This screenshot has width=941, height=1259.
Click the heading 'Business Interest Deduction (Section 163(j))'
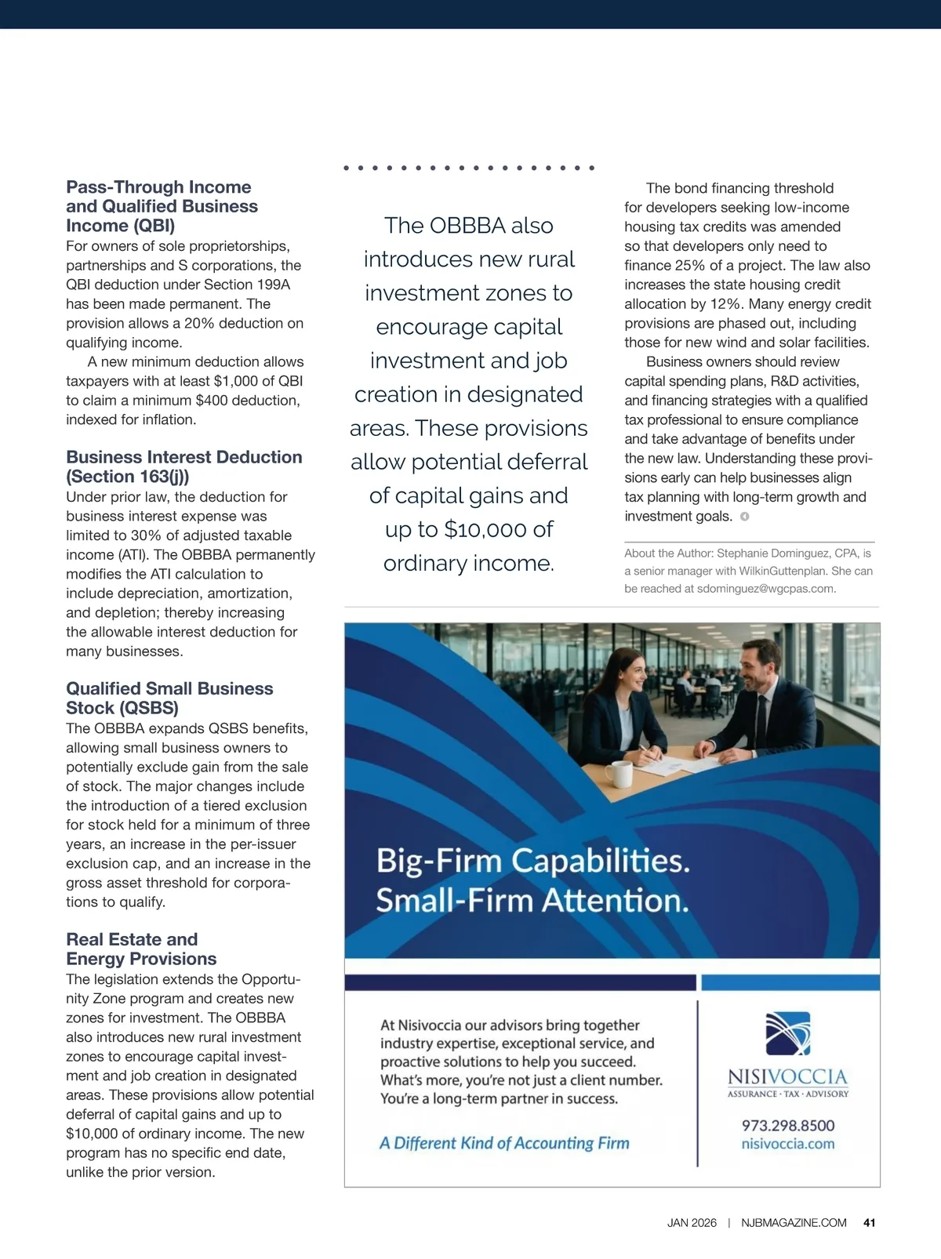coord(183,466)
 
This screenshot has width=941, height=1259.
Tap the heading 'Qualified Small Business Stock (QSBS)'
coord(169,698)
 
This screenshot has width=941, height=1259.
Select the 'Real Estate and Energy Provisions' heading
coord(141,949)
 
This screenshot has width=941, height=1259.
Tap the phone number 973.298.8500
coord(788,1126)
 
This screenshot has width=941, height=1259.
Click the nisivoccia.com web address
coord(788,1144)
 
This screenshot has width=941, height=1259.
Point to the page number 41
coord(869,1223)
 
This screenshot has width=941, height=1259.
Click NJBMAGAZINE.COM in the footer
coord(794,1223)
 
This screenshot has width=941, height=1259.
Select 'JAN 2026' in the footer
coord(692,1223)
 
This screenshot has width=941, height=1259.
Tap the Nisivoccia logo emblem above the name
coord(787,1033)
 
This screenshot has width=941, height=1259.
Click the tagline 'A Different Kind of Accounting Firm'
coord(504,1143)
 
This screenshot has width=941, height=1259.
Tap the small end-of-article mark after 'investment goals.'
coord(745,517)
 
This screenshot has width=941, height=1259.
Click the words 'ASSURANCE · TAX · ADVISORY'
coord(788,1094)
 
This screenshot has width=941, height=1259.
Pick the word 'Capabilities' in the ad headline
coord(601,861)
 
